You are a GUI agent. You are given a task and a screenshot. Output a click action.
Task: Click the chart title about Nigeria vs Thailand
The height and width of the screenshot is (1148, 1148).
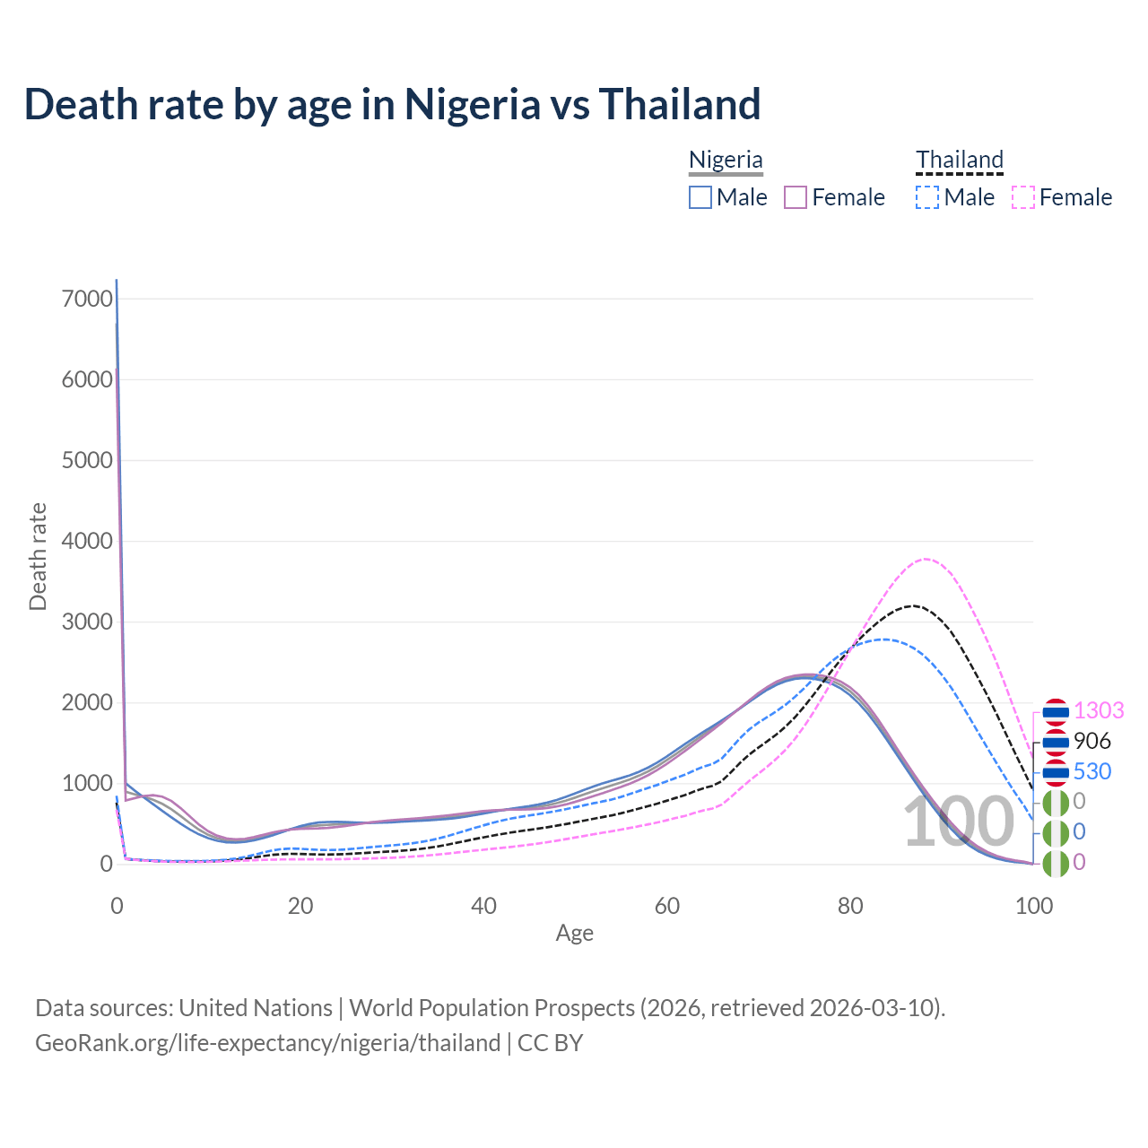(x=392, y=104)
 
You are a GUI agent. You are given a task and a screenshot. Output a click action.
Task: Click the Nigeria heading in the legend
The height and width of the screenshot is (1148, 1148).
(x=726, y=160)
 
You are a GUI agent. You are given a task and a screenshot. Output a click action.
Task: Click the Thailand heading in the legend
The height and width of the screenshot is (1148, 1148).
(x=959, y=160)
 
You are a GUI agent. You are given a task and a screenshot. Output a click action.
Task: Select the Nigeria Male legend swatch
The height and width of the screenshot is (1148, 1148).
(x=700, y=197)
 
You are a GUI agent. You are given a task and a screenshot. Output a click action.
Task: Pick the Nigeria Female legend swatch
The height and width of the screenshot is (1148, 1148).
(x=796, y=197)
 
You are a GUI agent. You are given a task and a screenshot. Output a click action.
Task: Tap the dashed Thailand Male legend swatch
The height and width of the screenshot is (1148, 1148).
(x=927, y=197)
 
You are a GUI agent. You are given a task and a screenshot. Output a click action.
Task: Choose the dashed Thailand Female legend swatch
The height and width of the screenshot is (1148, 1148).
(x=1023, y=197)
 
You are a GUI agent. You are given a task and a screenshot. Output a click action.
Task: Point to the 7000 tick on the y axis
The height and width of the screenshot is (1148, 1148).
(x=87, y=299)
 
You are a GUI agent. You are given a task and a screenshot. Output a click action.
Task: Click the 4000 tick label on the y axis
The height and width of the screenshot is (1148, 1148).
(x=87, y=541)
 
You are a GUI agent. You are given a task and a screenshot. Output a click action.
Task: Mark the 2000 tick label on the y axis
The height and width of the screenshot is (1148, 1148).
(x=87, y=702)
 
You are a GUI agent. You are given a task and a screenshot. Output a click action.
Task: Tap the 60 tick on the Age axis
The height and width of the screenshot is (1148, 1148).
(x=667, y=906)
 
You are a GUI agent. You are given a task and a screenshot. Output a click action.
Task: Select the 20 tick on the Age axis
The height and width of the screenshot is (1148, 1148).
(x=300, y=906)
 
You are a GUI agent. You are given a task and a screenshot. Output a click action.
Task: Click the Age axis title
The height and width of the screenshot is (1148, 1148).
(x=574, y=934)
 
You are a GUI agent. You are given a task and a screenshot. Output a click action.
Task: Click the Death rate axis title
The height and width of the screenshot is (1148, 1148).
(x=38, y=557)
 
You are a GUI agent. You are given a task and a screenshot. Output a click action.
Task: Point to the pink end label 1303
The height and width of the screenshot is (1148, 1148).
(x=1099, y=710)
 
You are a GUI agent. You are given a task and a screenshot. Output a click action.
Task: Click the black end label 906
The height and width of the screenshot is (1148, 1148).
(x=1091, y=741)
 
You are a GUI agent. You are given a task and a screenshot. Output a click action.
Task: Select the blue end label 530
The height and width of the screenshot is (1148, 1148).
(x=1091, y=771)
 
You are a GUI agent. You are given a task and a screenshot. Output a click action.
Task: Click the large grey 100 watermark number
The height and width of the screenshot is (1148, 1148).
(x=957, y=822)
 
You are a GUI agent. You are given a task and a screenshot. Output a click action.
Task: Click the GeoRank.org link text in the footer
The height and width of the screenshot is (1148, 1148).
(x=267, y=1043)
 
